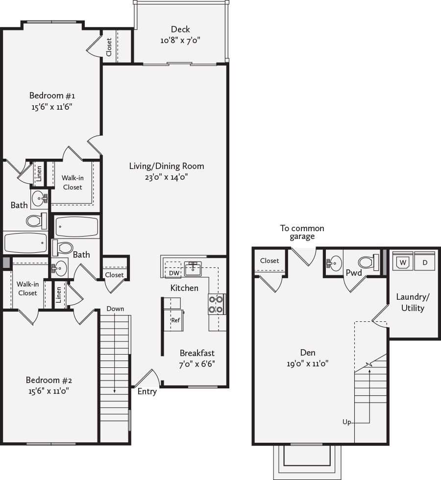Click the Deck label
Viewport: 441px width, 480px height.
180,29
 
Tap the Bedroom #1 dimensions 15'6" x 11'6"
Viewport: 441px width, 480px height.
52,107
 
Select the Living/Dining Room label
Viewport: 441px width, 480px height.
167,166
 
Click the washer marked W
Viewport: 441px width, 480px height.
403,262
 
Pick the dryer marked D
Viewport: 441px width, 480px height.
425,262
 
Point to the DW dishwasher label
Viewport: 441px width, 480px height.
174,273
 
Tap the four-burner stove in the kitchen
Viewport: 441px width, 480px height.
217,304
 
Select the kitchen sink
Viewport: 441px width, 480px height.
193,268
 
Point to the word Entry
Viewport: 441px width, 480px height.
147,391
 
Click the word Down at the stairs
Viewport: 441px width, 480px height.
115,309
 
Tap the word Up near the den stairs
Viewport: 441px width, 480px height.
346,422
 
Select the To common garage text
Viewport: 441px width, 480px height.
302,232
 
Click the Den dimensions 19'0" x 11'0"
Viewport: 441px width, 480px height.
308,363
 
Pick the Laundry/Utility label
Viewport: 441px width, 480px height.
413,303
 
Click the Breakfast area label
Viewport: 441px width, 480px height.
197,353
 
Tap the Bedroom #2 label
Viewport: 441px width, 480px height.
49,380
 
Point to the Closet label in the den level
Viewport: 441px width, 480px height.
269,261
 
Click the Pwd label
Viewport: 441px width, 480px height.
354,273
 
